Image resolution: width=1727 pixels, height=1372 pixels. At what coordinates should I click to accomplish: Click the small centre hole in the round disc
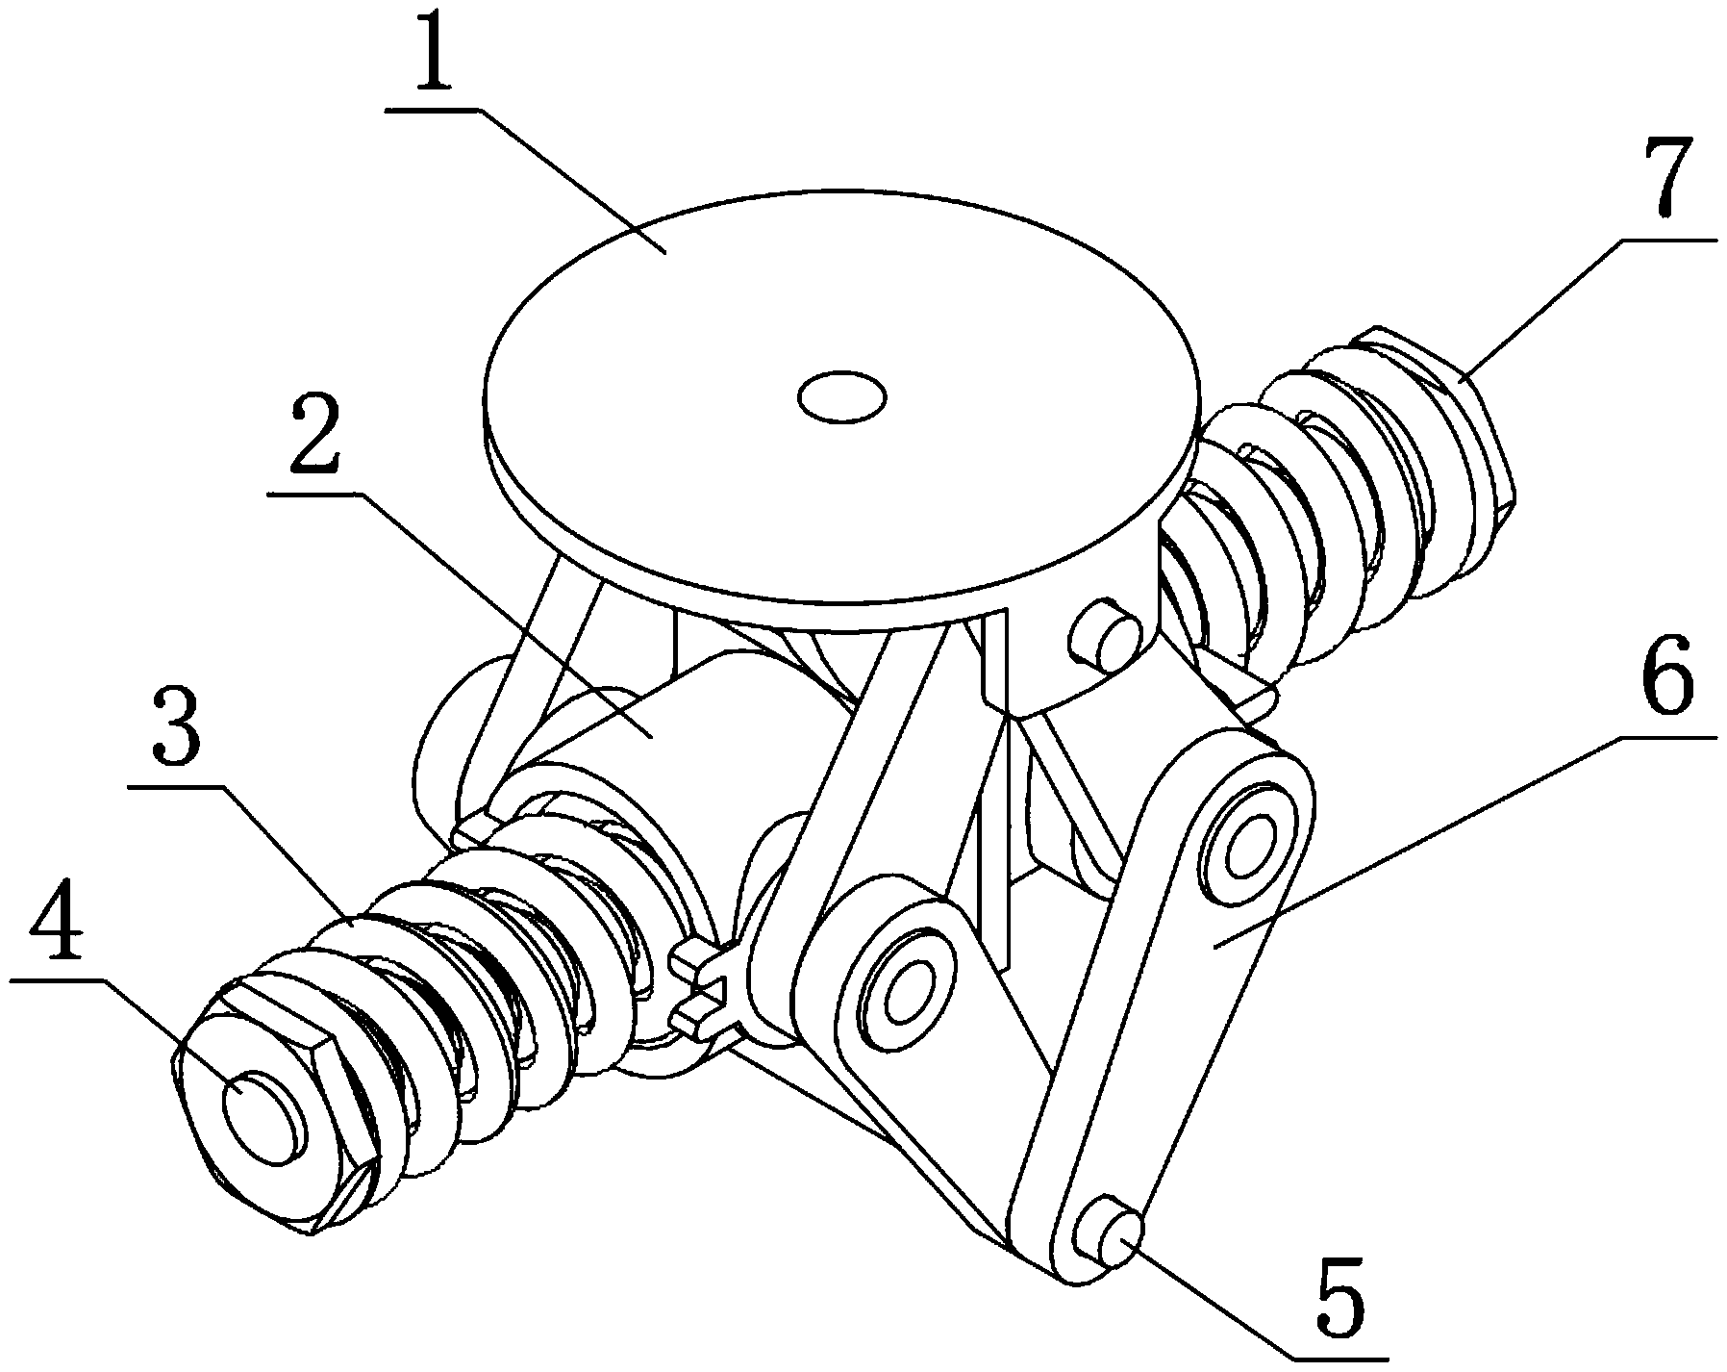842,396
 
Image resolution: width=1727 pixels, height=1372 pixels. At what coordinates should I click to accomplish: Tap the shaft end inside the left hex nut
263,1117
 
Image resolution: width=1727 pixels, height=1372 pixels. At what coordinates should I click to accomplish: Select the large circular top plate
842,404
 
